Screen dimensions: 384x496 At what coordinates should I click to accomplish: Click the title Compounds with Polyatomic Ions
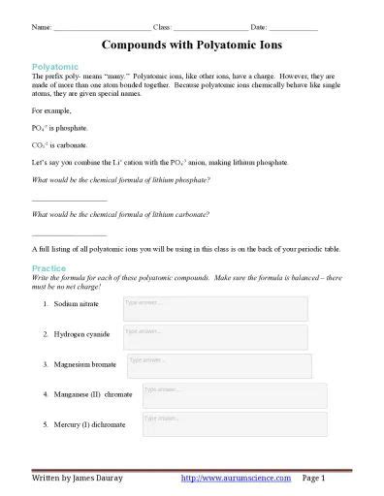[x=192, y=45]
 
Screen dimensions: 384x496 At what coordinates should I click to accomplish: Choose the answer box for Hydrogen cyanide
[x=214, y=336]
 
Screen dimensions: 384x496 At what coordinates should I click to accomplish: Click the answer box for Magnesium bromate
[x=218, y=365]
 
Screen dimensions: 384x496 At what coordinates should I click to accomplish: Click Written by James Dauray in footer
[x=78, y=479]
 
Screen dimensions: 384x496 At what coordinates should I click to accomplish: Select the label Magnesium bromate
[x=86, y=364]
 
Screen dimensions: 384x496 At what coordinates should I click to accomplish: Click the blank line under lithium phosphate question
[x=70, y=200]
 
